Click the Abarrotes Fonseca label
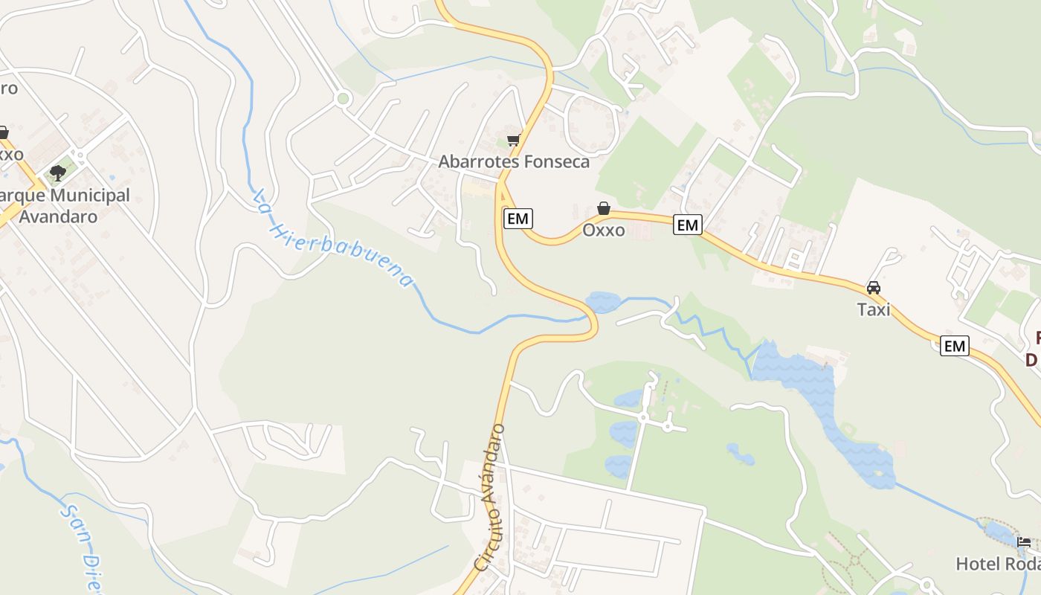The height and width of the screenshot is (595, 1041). (514, 161)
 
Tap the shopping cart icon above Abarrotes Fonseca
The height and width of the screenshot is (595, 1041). (513, 139)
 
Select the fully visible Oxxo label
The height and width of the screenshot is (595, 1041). (604, 230)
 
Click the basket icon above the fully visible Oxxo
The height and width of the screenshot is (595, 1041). (604, 209)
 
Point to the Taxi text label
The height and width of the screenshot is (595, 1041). (874, 309)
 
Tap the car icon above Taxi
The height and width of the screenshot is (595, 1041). (874, 288)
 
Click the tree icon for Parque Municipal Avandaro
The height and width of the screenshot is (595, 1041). (57, 173)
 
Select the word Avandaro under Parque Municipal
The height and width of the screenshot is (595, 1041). (58, 216)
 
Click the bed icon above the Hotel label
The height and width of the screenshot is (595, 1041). (1024, 542)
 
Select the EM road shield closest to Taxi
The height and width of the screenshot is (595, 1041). (954, 345)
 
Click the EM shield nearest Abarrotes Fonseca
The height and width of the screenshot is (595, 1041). (518, 218)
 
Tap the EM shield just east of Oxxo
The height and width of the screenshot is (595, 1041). (688, 224)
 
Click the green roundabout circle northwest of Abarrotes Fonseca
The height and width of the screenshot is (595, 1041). (343, 97)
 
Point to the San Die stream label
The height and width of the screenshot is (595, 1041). (82, 547)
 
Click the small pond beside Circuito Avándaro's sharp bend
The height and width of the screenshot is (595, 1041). (603, 302)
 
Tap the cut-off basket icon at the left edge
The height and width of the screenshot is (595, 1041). (3, 132)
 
